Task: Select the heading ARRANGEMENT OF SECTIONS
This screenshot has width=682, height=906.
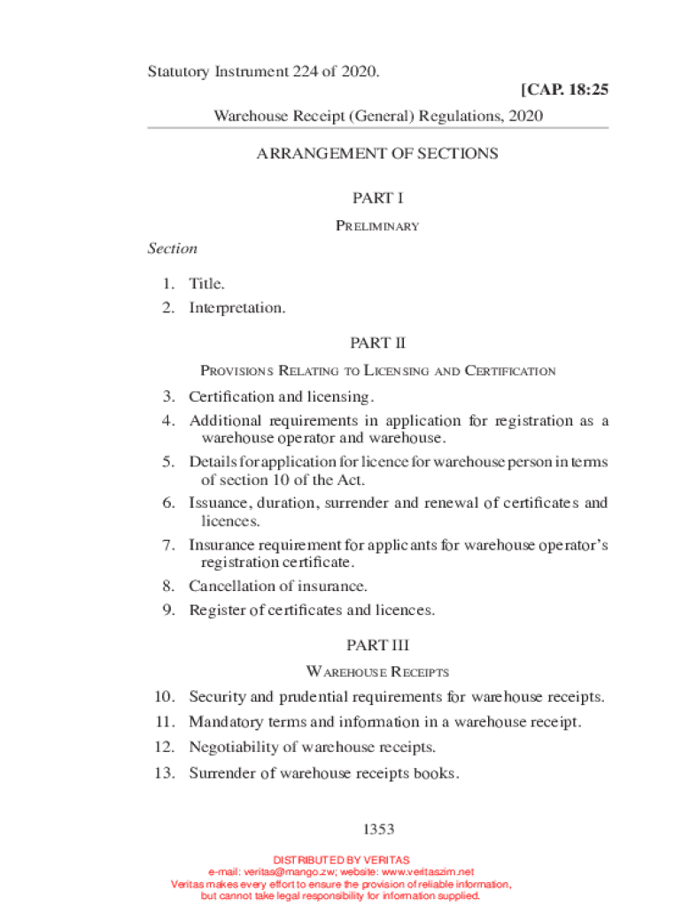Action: tap(377, 154)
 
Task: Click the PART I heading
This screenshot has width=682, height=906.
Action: tap(377, 198)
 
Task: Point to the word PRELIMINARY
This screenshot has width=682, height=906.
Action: tap(377, 226)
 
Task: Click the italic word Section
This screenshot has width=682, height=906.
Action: tap(172, 249)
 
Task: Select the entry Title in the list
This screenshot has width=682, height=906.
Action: tap(206, 284)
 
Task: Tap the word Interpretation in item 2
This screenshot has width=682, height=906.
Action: tap(237, 309)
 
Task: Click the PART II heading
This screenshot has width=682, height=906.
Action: tap(377, 342)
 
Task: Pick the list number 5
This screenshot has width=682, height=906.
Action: tap(167, 463)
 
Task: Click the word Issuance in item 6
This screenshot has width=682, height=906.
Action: tap(217, 503)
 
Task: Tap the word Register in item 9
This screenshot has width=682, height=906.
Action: tap(215, 610)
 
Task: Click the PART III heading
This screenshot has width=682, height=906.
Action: tap(377, 646)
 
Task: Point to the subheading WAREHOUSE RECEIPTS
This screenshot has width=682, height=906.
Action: tap(377, 672)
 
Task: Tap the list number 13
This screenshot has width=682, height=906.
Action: tap(166, 773)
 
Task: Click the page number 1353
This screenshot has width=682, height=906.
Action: tap(377, 830)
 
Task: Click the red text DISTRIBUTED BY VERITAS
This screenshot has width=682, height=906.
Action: tap(341, 860)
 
